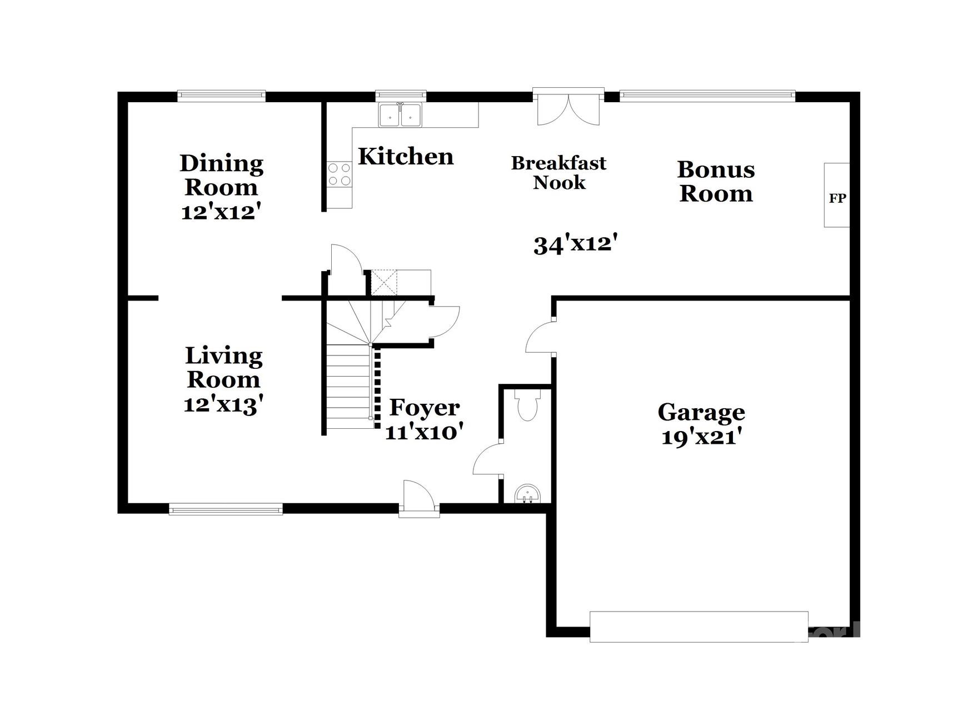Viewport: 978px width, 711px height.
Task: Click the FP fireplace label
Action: pyautogui.click(x=837, y=198)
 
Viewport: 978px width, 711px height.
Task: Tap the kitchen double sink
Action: pyautogui.click(x=400, y=116)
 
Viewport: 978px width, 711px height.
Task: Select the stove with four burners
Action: pyautogui.click(x=339, y=174)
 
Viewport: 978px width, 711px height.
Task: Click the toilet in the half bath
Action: pyautogui.click(x=527, y=406)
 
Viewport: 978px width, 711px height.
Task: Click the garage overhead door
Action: pyautogui.click(x=698, y=627)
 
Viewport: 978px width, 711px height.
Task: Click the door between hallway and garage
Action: pyautogui.click(x=540, y=336)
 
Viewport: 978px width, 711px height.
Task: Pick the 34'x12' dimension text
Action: pyautogui.click(x=576, y=244)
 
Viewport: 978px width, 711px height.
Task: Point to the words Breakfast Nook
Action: pyautogui.click(x=559, y=173)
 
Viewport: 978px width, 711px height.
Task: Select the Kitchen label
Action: pyautogui.click(x=406, y=157)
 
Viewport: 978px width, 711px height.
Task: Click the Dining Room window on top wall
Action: pyautogui.click(x=221, y=96)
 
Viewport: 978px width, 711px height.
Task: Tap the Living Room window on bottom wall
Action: pyautogui.click(x=226, y=509)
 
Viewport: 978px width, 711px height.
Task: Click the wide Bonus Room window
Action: pyautogui.click(x=707, y=96)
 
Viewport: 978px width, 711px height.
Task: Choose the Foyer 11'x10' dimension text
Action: pyautogui.click(x=424, y=432)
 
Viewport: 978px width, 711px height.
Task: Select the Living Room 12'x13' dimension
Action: pyautogui.click(x=223, y=404)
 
